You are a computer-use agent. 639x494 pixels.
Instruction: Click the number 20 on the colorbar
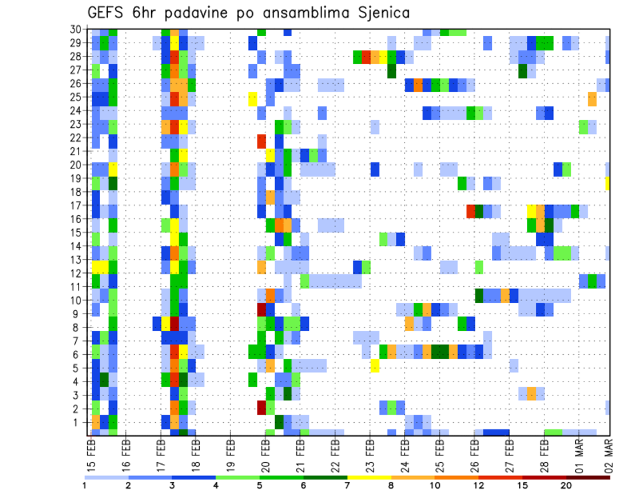[x=566, y=485]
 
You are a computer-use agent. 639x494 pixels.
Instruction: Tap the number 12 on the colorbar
[x=479, y=485]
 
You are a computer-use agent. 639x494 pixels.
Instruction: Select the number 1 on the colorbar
[x=85, y=485]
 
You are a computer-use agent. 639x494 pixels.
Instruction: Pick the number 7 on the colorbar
[x=347, y=485]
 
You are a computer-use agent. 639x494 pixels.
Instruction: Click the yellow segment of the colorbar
[x=369, y=477]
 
